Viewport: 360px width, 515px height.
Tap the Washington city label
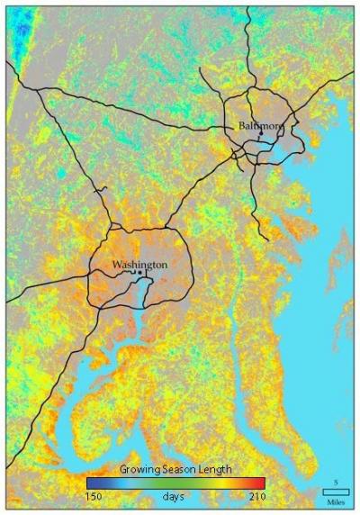(x=139, y=265)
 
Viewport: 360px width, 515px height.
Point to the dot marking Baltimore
(x=261, y=137)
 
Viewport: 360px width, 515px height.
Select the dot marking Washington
(x=140, y=274)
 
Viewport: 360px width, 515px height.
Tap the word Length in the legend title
(x=214, y=469)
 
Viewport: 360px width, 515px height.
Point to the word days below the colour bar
(x=174, y=496)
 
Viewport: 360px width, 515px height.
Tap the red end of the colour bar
(x=261, y=482)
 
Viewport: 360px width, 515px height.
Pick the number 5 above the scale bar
(x=336, y=482)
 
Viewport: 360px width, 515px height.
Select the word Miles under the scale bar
(x=336, y=501)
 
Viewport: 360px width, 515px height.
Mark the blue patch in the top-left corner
(x=20, y=32)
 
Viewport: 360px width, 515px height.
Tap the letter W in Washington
(x=116, y=265)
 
